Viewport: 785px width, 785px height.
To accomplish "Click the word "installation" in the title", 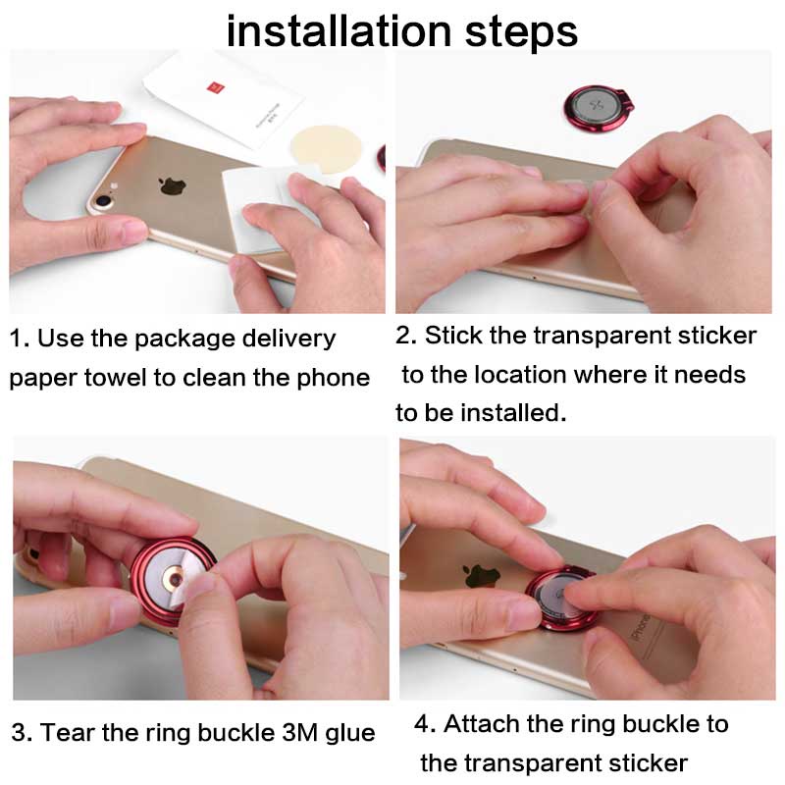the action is [340, 31].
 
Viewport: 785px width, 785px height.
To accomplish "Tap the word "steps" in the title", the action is [521, 34].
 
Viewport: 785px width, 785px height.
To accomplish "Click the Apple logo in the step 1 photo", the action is [173, 185].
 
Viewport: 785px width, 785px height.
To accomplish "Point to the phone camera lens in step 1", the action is [104, 201].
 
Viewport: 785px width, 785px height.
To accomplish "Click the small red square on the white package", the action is [216, 88].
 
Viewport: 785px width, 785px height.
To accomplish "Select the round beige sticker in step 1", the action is [326, 149].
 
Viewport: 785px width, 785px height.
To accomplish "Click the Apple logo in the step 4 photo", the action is [482, 576].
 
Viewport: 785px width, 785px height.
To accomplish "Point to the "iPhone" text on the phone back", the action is [641, 627].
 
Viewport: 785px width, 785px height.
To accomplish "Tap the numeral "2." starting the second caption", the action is [406, 335].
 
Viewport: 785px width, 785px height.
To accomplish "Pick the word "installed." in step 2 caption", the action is [513, 413].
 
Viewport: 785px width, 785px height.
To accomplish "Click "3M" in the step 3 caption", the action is [300, 732].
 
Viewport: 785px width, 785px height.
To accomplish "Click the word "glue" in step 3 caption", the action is [350, 734].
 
